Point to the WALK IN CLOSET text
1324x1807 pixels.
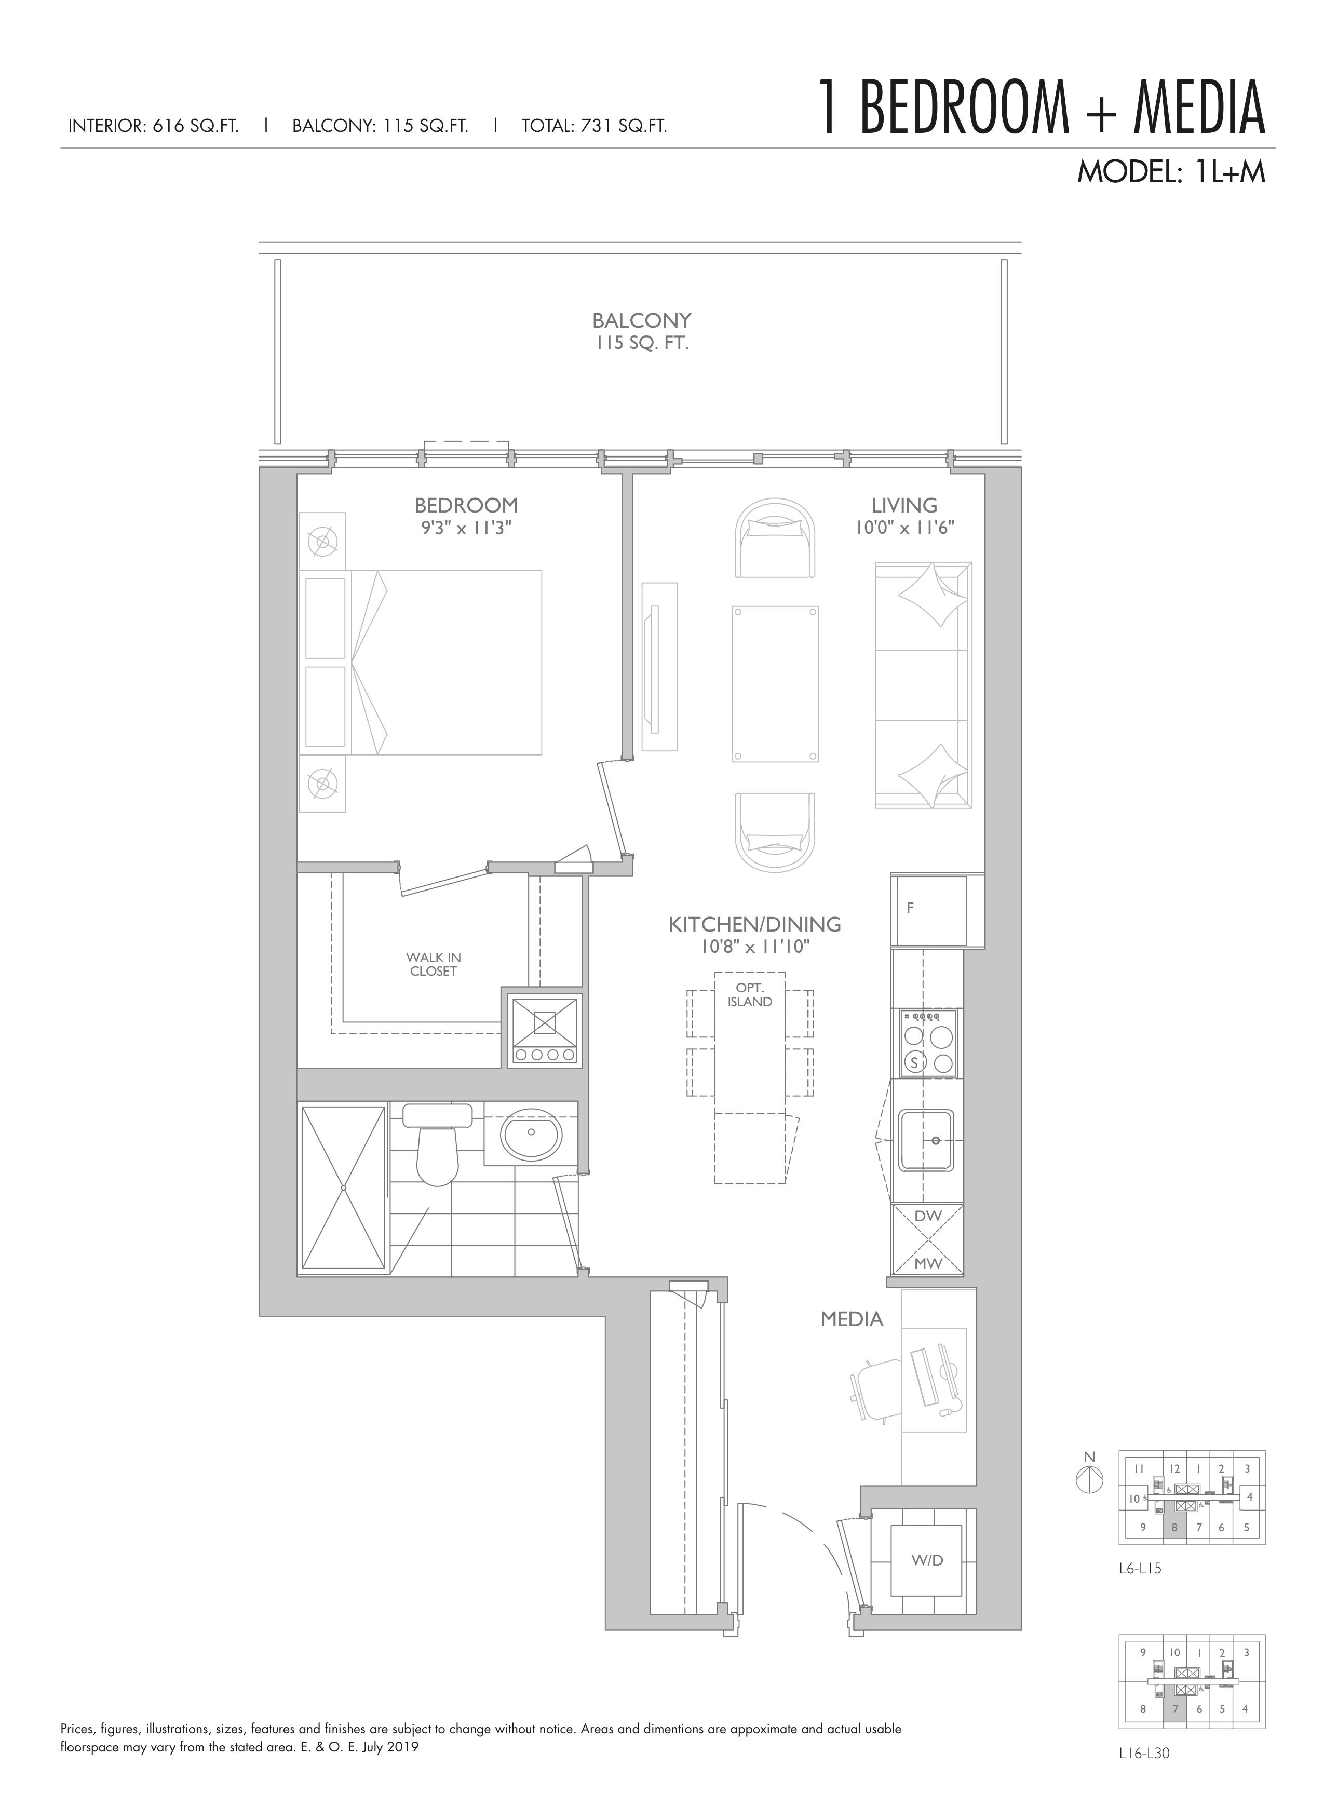433,964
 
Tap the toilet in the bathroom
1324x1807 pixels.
437,1147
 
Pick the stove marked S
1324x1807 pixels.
928,1042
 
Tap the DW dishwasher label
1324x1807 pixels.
927,1216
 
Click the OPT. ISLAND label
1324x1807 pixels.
750,994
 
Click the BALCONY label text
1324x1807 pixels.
641,320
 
